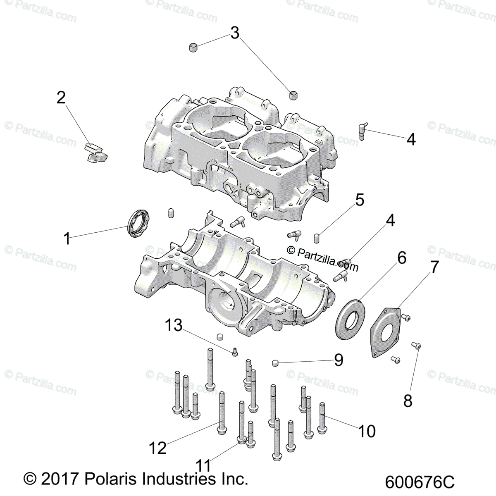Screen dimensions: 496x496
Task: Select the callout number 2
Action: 61,98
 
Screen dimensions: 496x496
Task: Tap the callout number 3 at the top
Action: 235,33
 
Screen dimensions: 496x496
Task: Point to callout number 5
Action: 360,200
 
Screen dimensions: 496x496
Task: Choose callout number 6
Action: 402,258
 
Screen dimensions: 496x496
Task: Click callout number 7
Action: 434,267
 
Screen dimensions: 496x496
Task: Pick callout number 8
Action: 408,401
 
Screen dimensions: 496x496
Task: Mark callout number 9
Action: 339,360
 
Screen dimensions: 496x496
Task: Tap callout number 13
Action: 174,325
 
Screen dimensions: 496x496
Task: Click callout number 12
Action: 158,448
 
